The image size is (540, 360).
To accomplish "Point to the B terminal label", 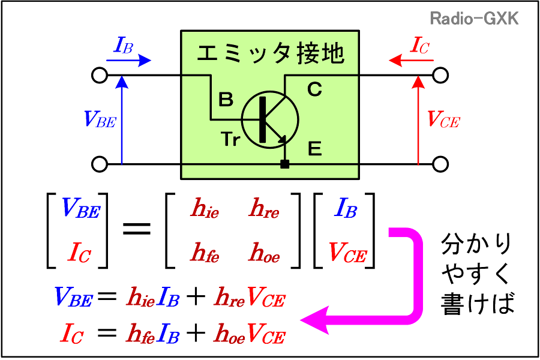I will coord(226,100).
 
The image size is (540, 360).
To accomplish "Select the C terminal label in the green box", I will coord(314,90).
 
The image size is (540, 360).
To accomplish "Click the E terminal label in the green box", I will coord(314,149).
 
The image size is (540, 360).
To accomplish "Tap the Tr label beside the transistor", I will coord(231,140).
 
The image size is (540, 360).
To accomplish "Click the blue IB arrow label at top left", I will coord(124,46).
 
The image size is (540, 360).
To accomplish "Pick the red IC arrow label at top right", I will coord(419,46).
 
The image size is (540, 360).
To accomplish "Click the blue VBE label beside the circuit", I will coord(100,119).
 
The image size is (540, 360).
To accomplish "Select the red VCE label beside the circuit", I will coord(443,119).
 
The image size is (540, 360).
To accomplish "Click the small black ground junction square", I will coord(285,164).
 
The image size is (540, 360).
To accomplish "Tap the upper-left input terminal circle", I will coord(100,76).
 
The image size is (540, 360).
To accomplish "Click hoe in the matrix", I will coord(264,254).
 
